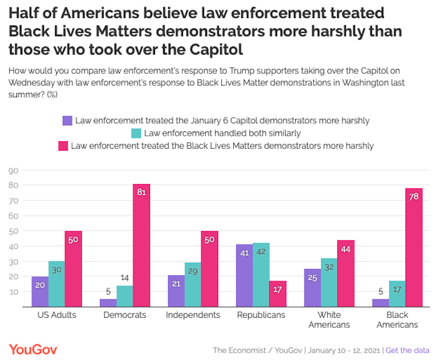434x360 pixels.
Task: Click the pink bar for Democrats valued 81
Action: [141, 245]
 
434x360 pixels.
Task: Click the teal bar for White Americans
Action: [329, 283]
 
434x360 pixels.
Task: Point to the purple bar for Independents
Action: [176, 291]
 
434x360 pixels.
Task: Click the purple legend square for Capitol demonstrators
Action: [68, 120]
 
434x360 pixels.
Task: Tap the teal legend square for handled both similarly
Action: [136, 133]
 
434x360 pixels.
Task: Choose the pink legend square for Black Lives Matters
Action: [63, 146]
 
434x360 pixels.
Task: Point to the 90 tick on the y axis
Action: [12, 170]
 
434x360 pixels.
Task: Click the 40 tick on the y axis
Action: [12, 246]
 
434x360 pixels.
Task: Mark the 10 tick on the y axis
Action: [12, 291]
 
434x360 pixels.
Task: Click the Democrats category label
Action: [125, 315]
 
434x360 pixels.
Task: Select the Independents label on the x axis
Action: [193, 315]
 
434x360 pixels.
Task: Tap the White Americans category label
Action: [329, 320]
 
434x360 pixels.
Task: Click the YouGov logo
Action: [35, 349]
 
